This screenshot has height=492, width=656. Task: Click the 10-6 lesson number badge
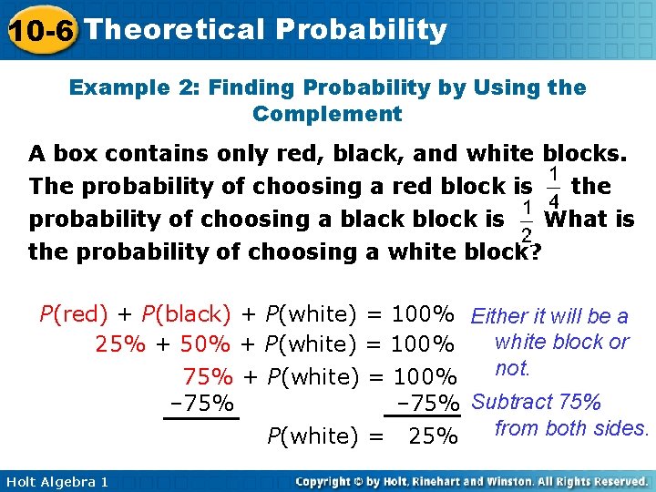pos(40,31)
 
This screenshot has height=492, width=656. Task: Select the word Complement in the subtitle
pos(327,114)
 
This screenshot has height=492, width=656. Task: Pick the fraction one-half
pos(526,220)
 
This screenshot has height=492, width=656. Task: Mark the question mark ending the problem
pos(534,251)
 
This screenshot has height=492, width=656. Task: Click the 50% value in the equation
pos(205,344)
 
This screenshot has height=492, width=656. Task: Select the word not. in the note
pos(512,368)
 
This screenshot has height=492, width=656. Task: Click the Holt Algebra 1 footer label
pos(56,481)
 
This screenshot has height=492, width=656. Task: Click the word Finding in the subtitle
pos(246,87)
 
